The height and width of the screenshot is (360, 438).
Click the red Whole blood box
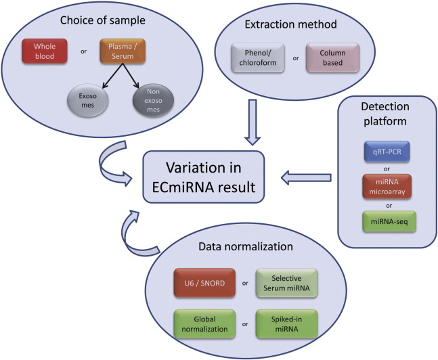pyautogui.click(x=45, y=51)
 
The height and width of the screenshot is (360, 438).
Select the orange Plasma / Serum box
pyautogui.click(x=123, y=51)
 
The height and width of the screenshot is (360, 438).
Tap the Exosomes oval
pyautogui.click(x=88, y=101)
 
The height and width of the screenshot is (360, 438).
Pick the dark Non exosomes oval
pyautogui.click(x=153, y=101)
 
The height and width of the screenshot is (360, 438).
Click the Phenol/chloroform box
pyautogui.click(x=258, y=58)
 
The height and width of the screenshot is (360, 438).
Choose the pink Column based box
pyautogui.click(x=332, y=58)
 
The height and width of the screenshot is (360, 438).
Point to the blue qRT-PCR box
pyautogui.click(x=387, y=152)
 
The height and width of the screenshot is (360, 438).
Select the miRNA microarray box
pyautogui.click(x=387, y=187)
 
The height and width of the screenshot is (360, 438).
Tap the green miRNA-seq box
pyautogui.click(x=389, y=222)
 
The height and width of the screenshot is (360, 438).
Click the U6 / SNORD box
pyautogui.click(x=204, y=283)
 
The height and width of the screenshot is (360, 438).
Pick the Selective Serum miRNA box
pyautogui.click(x=286, y=283)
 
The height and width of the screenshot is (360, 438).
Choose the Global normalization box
pyautogui.click(x=204, y=324)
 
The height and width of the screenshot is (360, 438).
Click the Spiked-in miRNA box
pyautogui.click(x=286, y=324)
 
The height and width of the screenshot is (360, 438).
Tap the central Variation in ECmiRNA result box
pyautogui.click(x=204, y=177)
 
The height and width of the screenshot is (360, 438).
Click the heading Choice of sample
pyautogui.click(x=102, y=20)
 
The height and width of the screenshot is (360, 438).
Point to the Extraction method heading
pyautogui.click(x=291, y=24)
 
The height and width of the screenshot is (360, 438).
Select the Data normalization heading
pyautogui.click(x=246, y=246)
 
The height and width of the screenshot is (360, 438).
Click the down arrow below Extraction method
pyautogui.click(x=253, y=122)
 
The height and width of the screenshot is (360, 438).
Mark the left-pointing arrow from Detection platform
pyautogui.click(x=306, y=178)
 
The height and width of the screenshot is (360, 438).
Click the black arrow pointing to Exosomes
pyautogui.click(x=113, y=76)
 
